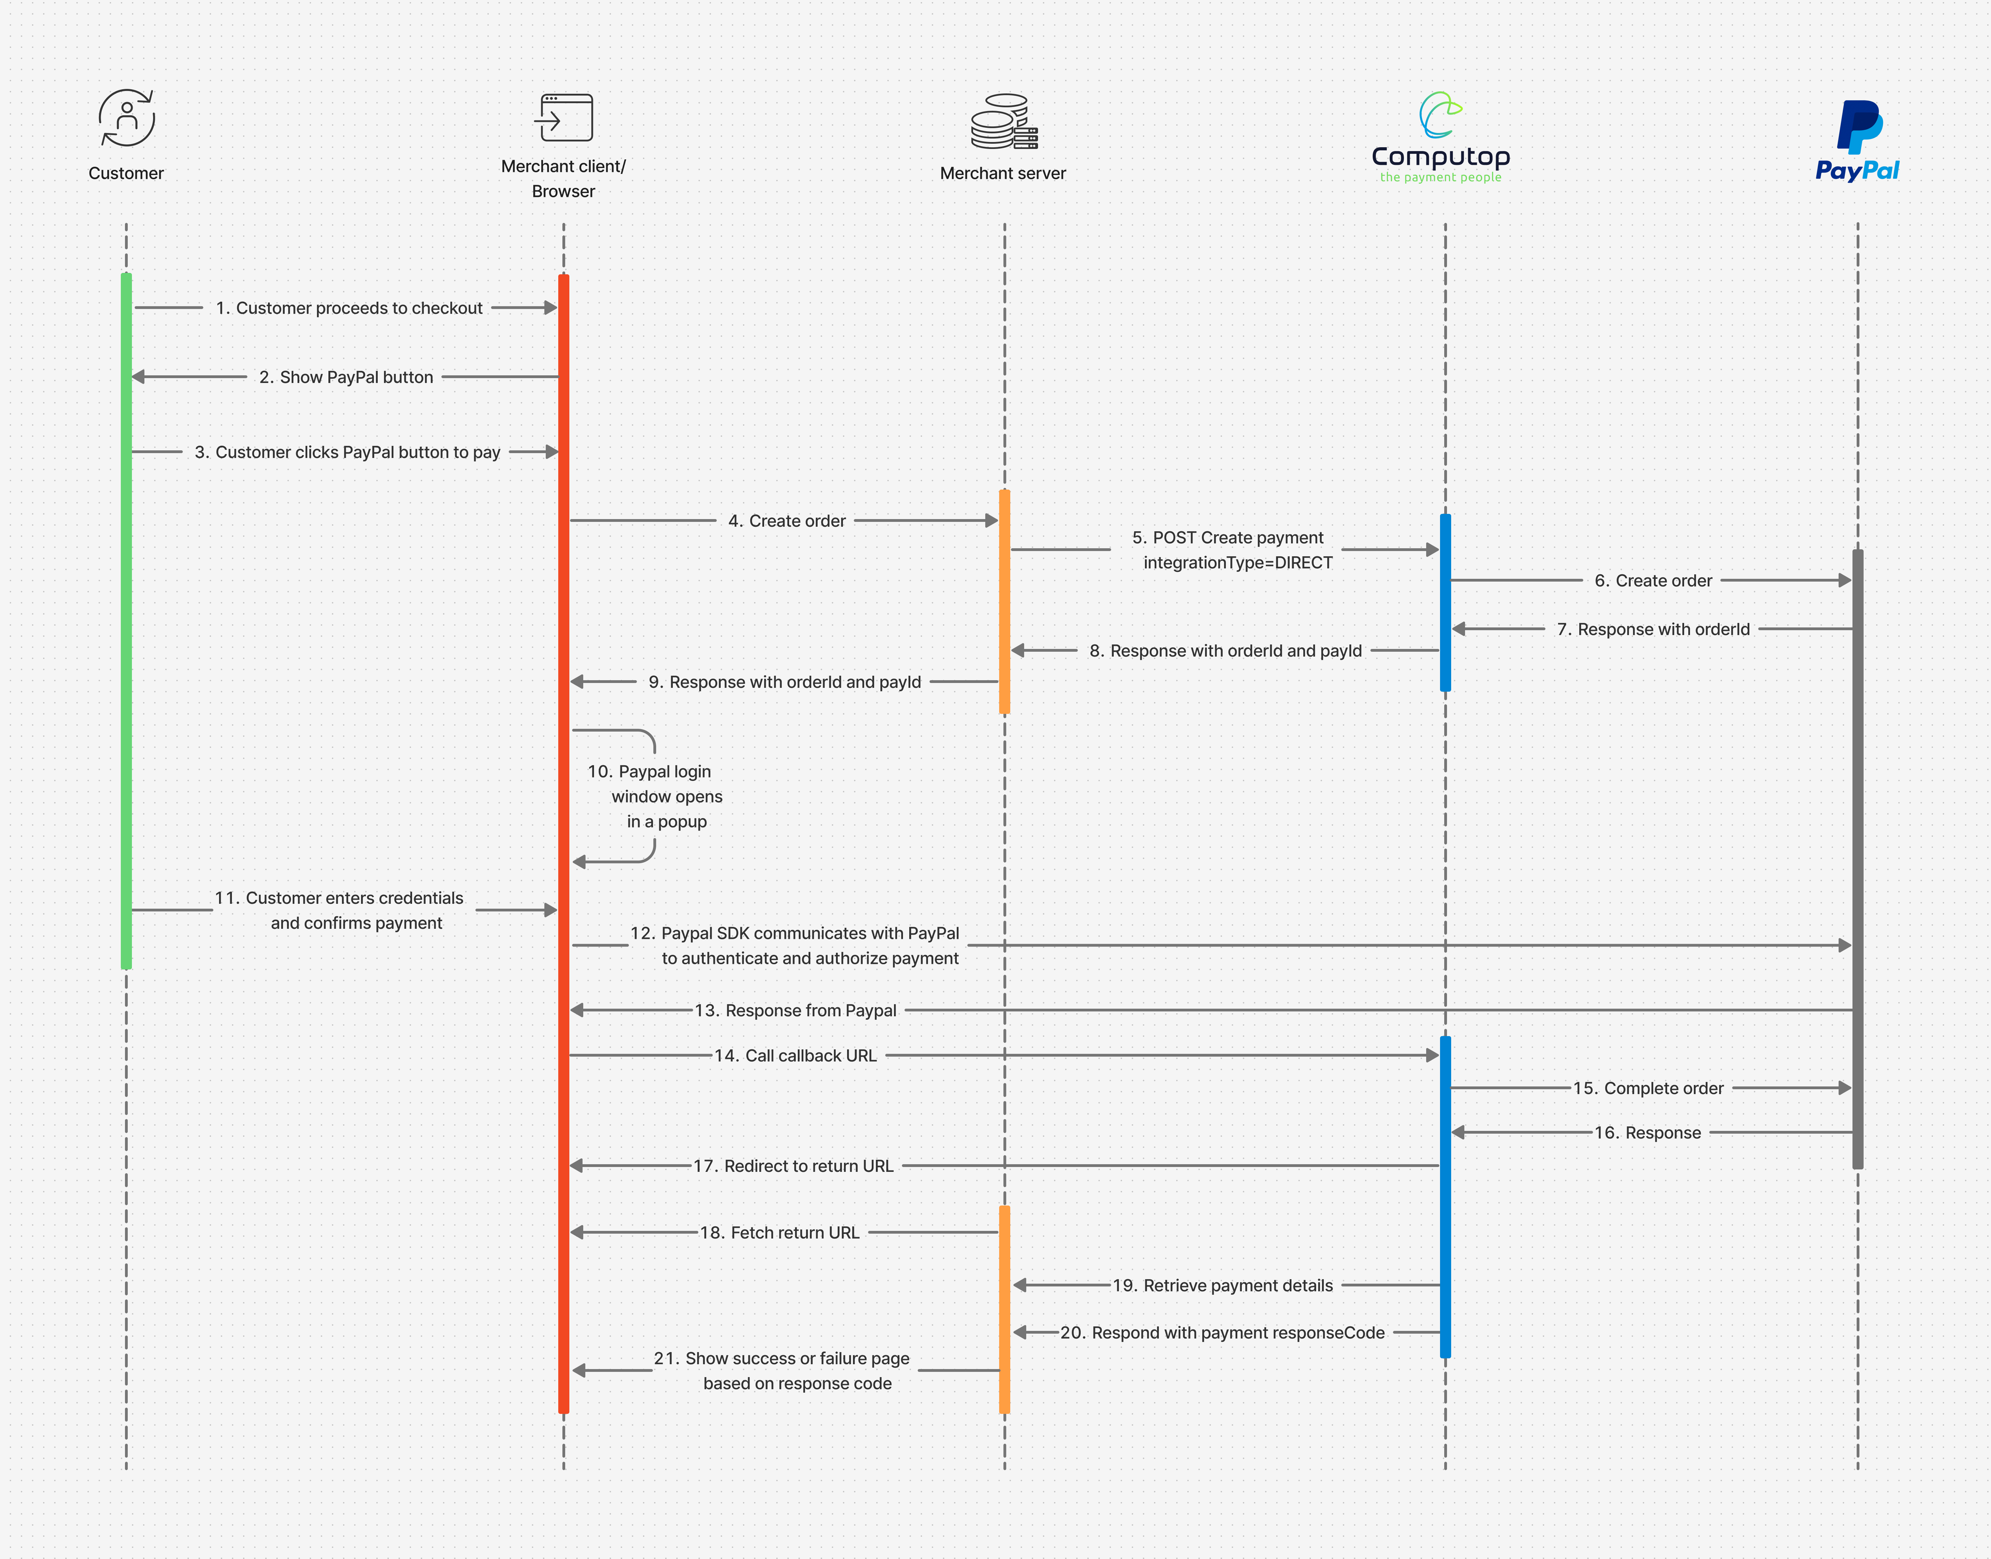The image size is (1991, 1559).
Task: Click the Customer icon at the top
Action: pos(127,118)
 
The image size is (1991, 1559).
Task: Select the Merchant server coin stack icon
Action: pos(1004,122)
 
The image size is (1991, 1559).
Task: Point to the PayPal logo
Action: pos(1858,141)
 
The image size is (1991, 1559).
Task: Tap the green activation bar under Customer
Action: pos(127,621)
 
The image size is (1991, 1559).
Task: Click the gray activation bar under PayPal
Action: pos(1858,858)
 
